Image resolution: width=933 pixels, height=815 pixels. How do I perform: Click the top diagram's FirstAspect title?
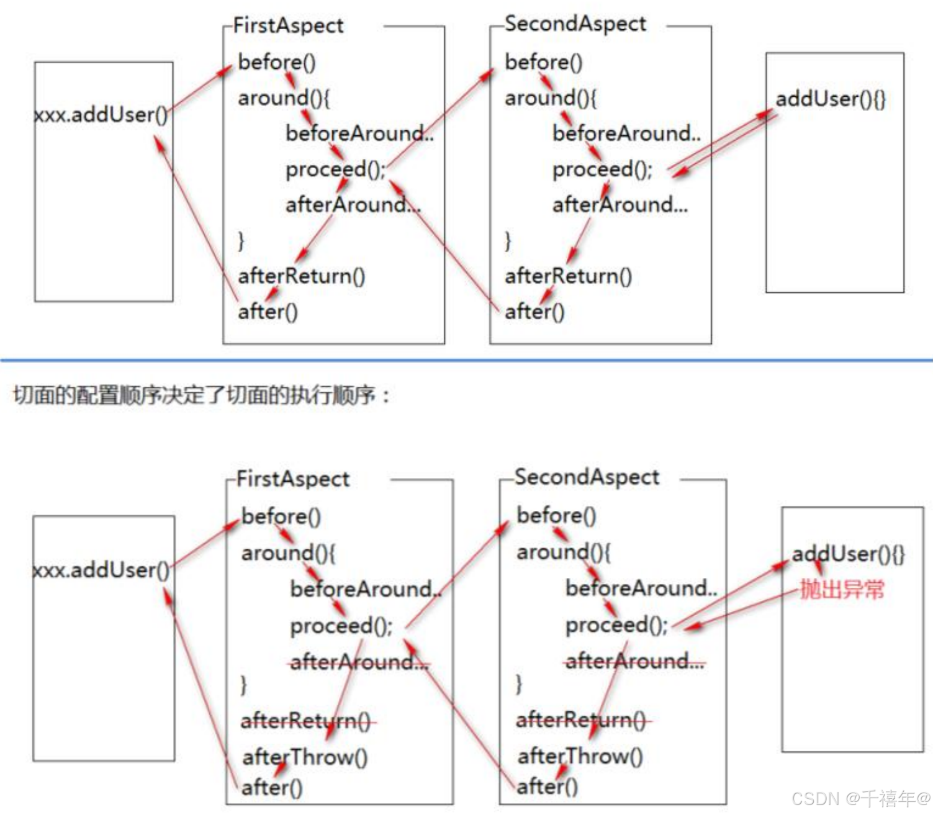click(x=288, y=25)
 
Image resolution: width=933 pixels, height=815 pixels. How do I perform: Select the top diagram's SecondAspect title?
click(x=575, y=24)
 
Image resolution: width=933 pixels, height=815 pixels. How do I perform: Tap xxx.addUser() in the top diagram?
click(x=101, y=115)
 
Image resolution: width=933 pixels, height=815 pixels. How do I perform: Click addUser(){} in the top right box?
click(x=831, y=99)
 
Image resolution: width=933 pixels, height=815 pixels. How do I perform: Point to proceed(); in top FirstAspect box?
click(x=335, y=169)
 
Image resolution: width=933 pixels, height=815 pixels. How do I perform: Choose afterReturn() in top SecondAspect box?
click(x=568, y=276)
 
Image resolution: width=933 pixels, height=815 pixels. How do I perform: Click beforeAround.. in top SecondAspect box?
click(x=626, y=133)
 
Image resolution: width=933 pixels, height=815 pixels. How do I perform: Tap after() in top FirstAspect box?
click(x=268, y=312)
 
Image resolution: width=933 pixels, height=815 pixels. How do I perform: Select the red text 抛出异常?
click(x=842, y=589)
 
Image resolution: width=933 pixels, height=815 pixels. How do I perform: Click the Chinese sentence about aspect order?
click(x=202, y=395)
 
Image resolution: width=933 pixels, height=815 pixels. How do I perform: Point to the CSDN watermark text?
click(x=861, y=798)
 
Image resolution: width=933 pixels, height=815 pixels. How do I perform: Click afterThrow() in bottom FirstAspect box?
click(x=305, y=757)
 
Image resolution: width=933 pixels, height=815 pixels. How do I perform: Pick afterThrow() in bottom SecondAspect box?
click(x=580, y=756)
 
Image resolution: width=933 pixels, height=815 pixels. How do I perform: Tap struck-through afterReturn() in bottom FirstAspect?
click(x=306, y=721)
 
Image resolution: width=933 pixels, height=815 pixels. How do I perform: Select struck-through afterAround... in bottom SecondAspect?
click(x=634, y=661)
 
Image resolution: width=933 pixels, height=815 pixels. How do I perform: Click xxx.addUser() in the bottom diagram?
click(x=101, y=570)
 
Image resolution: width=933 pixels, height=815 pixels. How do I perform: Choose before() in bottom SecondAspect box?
click(x=556, y=515)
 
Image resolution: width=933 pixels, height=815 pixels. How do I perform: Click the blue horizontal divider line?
click(x=466, y=360)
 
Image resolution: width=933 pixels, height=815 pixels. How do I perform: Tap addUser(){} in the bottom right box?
click(x=848, y=554)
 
